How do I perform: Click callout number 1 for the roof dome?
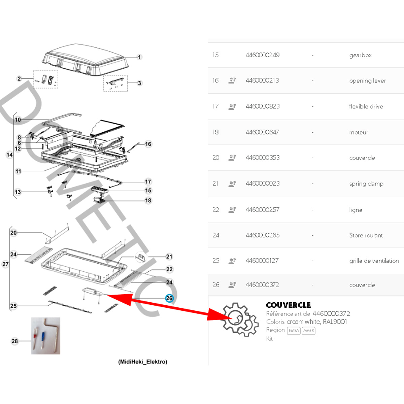click(139, 57)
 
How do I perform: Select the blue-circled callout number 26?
click(169, 298)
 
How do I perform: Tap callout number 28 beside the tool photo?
click(15, 341)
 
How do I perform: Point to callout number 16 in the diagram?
click(148, 144)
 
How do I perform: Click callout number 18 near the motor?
click(148, 200)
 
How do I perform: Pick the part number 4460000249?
click(263, 55)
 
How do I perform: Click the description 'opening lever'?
click(368, 81)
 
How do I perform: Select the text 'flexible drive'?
click(366, 106)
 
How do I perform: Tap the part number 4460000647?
click(262, 132)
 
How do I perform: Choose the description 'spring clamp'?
click(366, 184)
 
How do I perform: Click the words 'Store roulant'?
click(366, 235)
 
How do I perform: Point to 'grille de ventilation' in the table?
click(374, 261)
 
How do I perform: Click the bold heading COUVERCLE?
click(288, 305)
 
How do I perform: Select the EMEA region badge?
click(294, 331)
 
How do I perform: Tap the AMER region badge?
click(308, 331)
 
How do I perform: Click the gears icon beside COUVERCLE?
click(240, 319)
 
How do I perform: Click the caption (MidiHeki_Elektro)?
click(143, 362)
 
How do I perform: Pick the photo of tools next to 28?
click(46, 336)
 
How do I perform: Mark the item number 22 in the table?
click(216, 210)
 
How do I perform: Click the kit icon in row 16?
click(232, 80)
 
